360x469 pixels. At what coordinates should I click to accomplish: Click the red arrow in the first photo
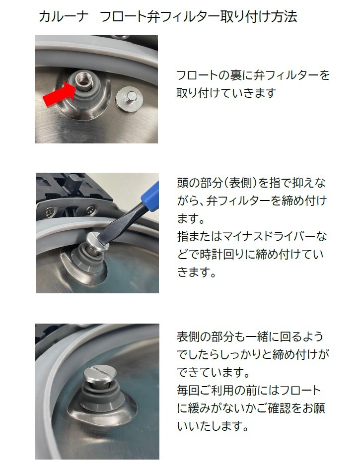tap(59, 94)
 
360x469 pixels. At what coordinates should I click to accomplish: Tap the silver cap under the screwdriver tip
tap(97, 241)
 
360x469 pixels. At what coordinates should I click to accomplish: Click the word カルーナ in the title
tap(64, 16)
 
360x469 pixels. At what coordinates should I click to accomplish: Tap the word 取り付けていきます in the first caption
tap(226, 93)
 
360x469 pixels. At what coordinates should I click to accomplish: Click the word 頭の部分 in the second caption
tap(199, 183)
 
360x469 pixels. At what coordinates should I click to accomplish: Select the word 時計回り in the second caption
tap(222, 255)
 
